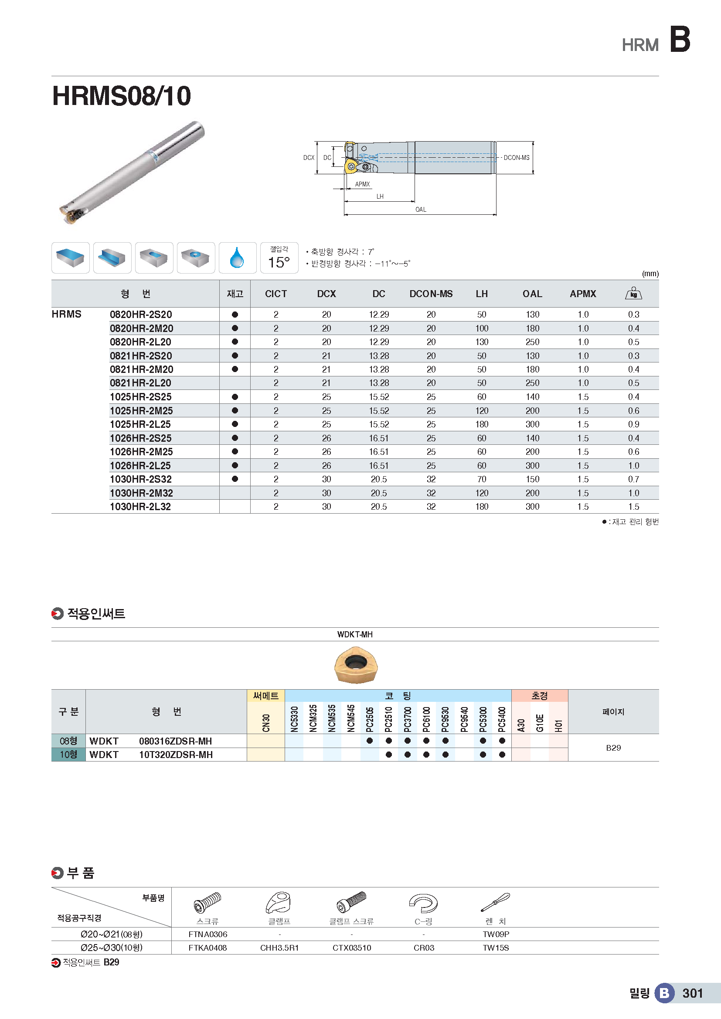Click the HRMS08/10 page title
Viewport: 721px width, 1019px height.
coord(121,96)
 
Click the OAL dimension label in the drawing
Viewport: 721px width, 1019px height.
coord(420,210)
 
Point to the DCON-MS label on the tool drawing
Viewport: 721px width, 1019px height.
coord(516,158)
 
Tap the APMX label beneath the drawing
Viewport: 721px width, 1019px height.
coord(362,184)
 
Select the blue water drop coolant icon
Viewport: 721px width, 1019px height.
coord(237,258)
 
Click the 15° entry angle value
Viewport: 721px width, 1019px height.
coord(279,262)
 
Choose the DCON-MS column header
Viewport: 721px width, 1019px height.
coord(431,294)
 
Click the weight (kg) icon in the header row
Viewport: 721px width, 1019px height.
coord(633,294)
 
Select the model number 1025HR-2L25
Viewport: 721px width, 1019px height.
coord(140,424)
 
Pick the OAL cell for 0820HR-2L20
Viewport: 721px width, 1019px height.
coord(532,342)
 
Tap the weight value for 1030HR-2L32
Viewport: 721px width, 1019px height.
coord(633,507)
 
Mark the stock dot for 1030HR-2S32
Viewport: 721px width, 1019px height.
coord(235,479)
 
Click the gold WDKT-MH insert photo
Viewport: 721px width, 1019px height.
coord(356,664)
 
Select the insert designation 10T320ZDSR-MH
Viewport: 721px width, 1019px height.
coord(176,755)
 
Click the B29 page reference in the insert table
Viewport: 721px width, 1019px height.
coord(613,748)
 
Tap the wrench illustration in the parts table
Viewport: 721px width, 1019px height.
coord(496,902)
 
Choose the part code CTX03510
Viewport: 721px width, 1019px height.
coord(352,948)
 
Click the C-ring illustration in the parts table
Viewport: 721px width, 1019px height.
coord(424,903)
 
